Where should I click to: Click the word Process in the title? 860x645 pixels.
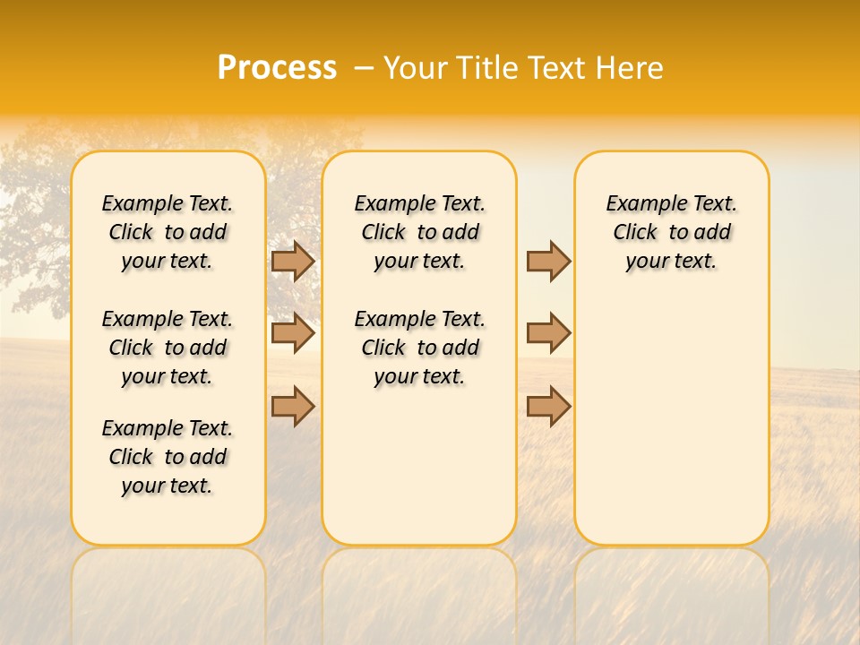point(277,68)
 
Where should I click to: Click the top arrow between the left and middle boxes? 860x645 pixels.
point(293,261)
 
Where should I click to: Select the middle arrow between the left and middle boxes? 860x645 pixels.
point(293,333)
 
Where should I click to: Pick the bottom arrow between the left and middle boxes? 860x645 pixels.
point(293,406)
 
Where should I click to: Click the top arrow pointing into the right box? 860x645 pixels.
point(548,261)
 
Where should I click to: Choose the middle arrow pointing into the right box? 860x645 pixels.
point(548,333)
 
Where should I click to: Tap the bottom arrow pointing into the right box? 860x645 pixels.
point(548,406)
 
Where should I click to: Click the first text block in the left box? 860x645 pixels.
point(168,232)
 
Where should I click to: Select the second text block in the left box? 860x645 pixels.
point(168,348)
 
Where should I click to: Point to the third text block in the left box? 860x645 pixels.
point(168,457)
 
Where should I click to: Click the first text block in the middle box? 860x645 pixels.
point(419,232)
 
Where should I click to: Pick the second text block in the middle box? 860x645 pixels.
point(419,348)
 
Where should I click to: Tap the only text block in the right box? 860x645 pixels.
point(671,232)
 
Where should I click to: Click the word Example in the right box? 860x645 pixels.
point(639,203)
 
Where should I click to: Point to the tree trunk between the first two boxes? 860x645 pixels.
point(294,296)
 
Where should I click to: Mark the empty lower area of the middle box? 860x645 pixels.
point(419,466)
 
